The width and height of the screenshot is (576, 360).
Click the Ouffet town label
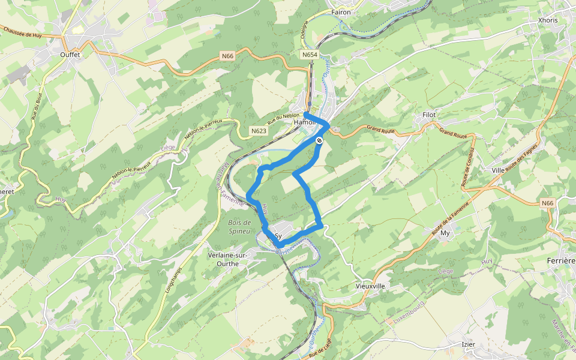pos(70,54)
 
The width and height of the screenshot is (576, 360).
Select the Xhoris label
pos(548,20)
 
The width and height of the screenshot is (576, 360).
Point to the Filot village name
pos(428,115)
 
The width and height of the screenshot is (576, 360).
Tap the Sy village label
pos(278,236)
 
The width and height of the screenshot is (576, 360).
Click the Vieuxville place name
pos(370,286)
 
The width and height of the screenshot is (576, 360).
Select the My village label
pos(445,232)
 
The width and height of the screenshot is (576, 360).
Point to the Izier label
pos(469,344)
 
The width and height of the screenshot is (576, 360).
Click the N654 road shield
pos(309,55)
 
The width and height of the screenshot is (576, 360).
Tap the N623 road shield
pos(259,130)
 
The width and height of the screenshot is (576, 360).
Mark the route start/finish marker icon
pos(320,140)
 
